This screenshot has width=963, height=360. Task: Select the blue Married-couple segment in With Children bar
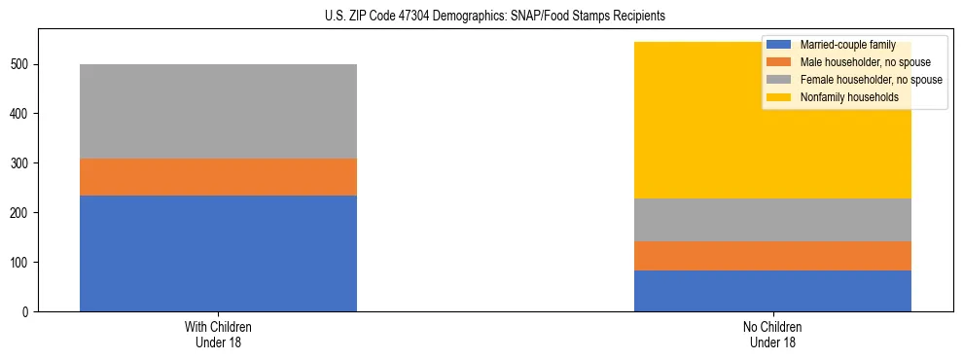(218, 253)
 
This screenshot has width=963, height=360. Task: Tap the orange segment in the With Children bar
(218, 177)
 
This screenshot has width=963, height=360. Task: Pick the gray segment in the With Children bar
(218, 111)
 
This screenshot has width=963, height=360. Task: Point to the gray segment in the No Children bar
(772, 220)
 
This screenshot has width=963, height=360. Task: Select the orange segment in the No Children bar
(772, 256)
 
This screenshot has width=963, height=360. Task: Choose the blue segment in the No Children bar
(772, 291)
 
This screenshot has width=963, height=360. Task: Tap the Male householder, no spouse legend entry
(855, 62)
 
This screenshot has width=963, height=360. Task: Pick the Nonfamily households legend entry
(841, 97)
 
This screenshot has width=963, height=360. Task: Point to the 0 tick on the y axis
(28, 312)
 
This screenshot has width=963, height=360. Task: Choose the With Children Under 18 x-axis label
(218, 334)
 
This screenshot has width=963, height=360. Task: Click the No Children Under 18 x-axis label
(772, 334)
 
